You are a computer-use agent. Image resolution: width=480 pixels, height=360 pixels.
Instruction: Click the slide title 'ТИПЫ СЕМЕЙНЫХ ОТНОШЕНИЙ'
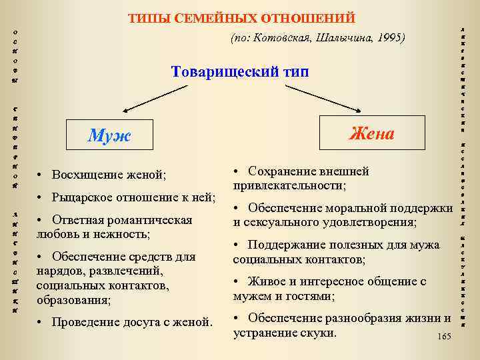point(241,18)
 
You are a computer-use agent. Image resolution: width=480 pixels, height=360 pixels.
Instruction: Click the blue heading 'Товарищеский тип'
point(240,71)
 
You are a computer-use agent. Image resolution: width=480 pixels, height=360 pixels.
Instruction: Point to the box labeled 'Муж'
point(110,136)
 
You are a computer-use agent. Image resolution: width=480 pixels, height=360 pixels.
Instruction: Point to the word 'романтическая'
point(148,220)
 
